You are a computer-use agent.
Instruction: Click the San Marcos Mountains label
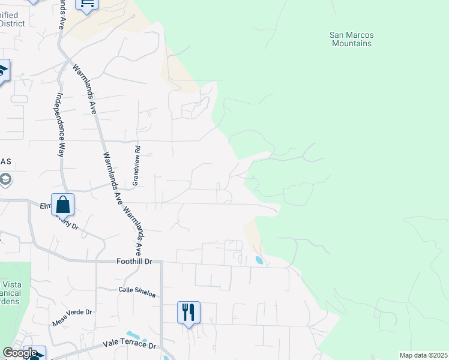pyautogui.click(x=352, y=39)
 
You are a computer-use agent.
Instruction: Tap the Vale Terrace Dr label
pyautogui.click(x=129, y=346)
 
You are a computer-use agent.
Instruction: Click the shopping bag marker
pyautogui.click(x=63, y=205)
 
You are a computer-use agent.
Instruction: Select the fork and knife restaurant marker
pyautogui.click(x=188, y=312)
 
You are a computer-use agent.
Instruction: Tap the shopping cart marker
pyautogui.click(x=87, y=4)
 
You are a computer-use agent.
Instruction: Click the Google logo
pyautogui.click(x=20, y=353)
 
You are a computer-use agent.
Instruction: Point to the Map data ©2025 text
pyautogui.click(x=423, y=355)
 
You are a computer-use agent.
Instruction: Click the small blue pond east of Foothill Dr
pyautogui.click(x=259, y=261)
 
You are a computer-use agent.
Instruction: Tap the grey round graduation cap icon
pyautogui.click(x=5, y=179)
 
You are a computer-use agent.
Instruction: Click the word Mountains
pyautogui.click(x=352, y=43)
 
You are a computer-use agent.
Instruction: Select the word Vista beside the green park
pyautogui.click(x=12, y=284)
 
